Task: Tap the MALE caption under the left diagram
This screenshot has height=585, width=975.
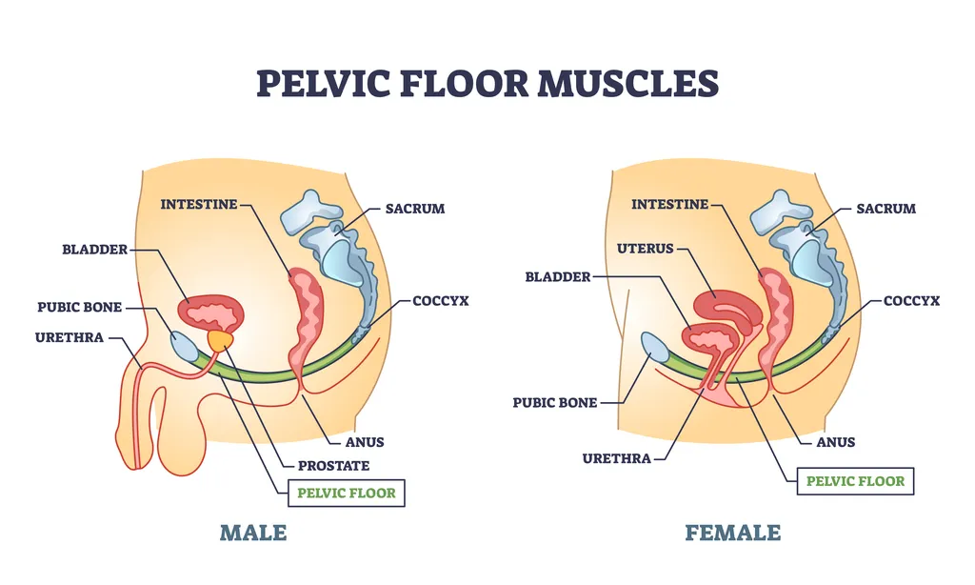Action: click(253, 532)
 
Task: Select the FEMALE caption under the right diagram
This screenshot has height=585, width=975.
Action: click(732, 532)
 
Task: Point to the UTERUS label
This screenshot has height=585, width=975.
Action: click(645, 249)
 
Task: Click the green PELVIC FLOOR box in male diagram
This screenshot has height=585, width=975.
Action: click(347, 494)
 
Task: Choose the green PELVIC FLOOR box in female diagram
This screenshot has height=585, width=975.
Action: click(855, 480)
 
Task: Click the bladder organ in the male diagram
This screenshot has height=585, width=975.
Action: click(211, 311)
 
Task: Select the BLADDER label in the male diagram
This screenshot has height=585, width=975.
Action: click(93, 250)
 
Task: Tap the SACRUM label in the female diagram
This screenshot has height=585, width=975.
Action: click(885, 209)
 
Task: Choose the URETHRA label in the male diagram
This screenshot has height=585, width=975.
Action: click(69, 337)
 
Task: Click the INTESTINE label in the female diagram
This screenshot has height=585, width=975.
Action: click(670, 204)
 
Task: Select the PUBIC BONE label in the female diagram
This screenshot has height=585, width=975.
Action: click(555, 403)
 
